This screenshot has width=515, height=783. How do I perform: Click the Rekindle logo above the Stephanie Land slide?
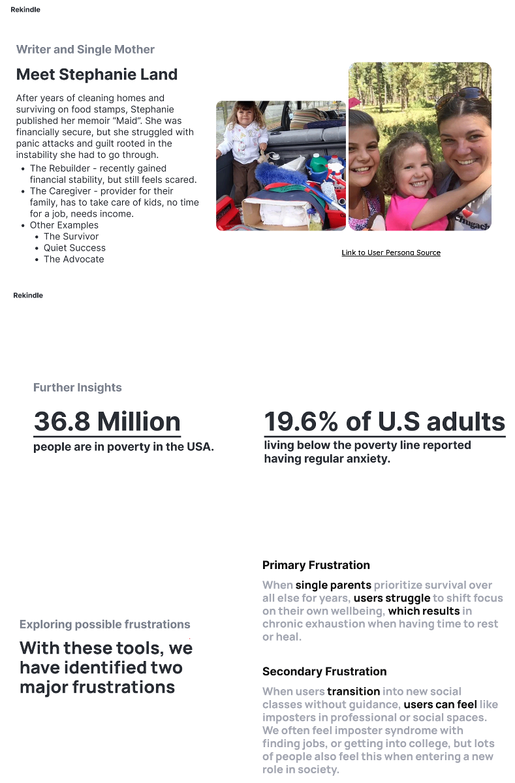pos(25,10)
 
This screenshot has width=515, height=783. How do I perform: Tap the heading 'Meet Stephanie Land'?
pos(97,74)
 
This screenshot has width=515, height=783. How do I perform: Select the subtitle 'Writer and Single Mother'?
pos(85,50)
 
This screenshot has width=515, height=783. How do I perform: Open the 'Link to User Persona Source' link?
pos(391,253)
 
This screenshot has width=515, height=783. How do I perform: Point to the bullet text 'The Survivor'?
pos(71,236)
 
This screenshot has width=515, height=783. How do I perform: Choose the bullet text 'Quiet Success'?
pos(74,248)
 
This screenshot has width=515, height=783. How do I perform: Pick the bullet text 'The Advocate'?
pos(74,259)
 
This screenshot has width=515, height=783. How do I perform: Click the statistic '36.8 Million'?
pos(107,422)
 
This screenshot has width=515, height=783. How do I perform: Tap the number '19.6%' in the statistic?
pos(301,422)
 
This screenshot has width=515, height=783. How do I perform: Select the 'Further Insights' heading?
pos(78,388)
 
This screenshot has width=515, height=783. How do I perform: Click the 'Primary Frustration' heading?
pos(316,565)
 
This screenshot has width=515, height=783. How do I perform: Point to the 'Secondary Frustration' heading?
pos(324,671)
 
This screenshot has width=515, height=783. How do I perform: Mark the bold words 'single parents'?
pos(333,585)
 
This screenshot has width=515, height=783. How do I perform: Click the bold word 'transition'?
pos(353,691)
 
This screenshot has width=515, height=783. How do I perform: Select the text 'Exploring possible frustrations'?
pos(105,624)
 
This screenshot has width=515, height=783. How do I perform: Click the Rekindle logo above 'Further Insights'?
pos(28,296)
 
